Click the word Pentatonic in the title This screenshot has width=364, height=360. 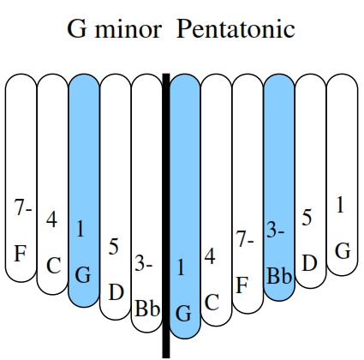point(236,29)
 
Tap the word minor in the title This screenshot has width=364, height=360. point(128,29)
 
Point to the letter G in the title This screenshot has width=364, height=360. point(77,29)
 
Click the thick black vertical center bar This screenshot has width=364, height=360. point(166,216)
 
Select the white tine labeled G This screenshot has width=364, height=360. point(342,175)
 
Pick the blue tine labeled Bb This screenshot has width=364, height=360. point(279,187)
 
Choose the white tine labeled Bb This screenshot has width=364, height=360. point(146,203)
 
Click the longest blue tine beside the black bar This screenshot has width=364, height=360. point(185,207)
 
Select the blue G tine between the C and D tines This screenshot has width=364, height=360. point(84,190)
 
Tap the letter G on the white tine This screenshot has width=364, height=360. point(343,251)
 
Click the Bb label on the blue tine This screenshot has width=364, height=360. point(279,276)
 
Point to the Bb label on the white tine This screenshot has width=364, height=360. point(147,309)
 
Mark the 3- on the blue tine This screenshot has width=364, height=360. point(276,230)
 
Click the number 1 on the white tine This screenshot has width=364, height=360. point(340,205)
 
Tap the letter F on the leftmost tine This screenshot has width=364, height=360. point(21,254)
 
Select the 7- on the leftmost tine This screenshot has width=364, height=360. point(23,207)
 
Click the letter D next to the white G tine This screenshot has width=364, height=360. point(309,263)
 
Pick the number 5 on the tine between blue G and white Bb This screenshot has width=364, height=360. point(114,247)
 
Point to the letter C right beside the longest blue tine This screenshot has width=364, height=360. point(212,303)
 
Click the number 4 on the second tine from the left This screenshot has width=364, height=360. point(51,219)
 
